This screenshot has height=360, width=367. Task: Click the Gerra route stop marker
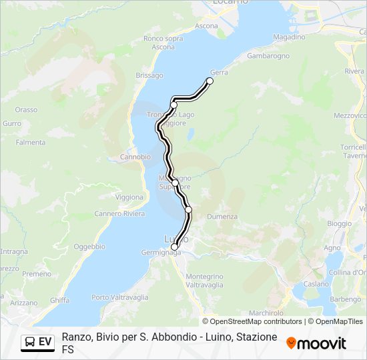coord(210,81)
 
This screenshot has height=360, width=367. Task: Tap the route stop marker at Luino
coord(174,247)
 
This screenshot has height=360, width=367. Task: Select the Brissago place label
coord(149,76)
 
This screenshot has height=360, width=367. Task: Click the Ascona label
coord(206,26)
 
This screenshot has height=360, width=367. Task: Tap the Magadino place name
coord(289,37)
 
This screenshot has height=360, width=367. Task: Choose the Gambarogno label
coord(268,56)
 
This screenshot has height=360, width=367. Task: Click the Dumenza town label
coord(222,217)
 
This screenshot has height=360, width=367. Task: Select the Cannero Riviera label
coord(119,214)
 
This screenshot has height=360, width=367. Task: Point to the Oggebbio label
coord(89,247)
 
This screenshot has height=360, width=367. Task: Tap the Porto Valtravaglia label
coord(120,297)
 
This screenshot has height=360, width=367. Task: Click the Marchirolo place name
coord(266,313)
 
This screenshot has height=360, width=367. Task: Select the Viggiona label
coord(129,197)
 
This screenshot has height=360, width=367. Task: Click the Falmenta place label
coord(31,143)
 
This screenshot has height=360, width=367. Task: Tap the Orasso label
coord(26,109)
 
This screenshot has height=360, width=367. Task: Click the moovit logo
coord(316,343)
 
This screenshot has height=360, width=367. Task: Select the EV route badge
coord(38,342)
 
